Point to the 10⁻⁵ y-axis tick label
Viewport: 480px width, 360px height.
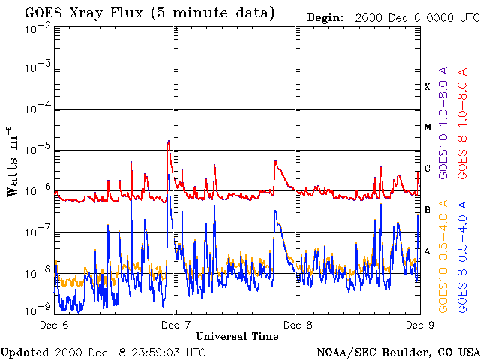tap(37, 149)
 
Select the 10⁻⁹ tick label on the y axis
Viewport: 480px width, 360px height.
tap(37, 307)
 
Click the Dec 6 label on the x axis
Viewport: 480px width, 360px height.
tap(54, 325)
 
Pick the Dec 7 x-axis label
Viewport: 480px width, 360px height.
tap(176, 325)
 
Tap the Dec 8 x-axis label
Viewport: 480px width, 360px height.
tap(298, 325)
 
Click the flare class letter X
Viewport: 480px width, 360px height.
tap(427, 87)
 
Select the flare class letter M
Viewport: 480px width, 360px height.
tap(427, 127)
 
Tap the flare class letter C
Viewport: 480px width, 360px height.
tap(427, 168)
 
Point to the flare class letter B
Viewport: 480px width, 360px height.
tap(427, 209)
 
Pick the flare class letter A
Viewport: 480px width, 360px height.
tap(427, 251)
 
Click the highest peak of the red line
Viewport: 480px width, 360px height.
tap(169, 141)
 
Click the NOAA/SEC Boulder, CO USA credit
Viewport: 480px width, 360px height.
tap(397, 352)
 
